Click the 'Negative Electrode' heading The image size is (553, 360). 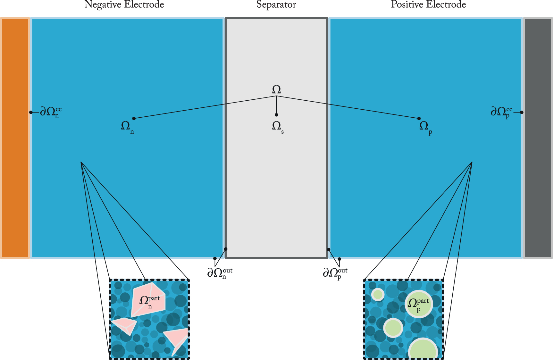point(124,5)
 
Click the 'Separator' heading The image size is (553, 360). point(276,5)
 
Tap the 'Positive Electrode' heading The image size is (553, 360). point(428,5)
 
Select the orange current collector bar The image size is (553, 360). point(15,138)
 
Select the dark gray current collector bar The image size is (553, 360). point(538,138)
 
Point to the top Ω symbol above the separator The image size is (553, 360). point(276,89)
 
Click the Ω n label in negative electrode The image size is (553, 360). point(127,126)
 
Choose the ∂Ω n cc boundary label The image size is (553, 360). point(50,112)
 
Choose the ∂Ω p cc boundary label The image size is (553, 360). point(501,112)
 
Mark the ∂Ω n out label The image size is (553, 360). point(220,273)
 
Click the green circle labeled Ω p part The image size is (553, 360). point(419,304)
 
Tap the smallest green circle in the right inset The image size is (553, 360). point(378,295)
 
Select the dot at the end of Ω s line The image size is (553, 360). point(276,115)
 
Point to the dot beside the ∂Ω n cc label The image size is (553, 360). point(31,112)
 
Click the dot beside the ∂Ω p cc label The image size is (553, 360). point(522,112)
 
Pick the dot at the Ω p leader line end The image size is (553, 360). point(419,119)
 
